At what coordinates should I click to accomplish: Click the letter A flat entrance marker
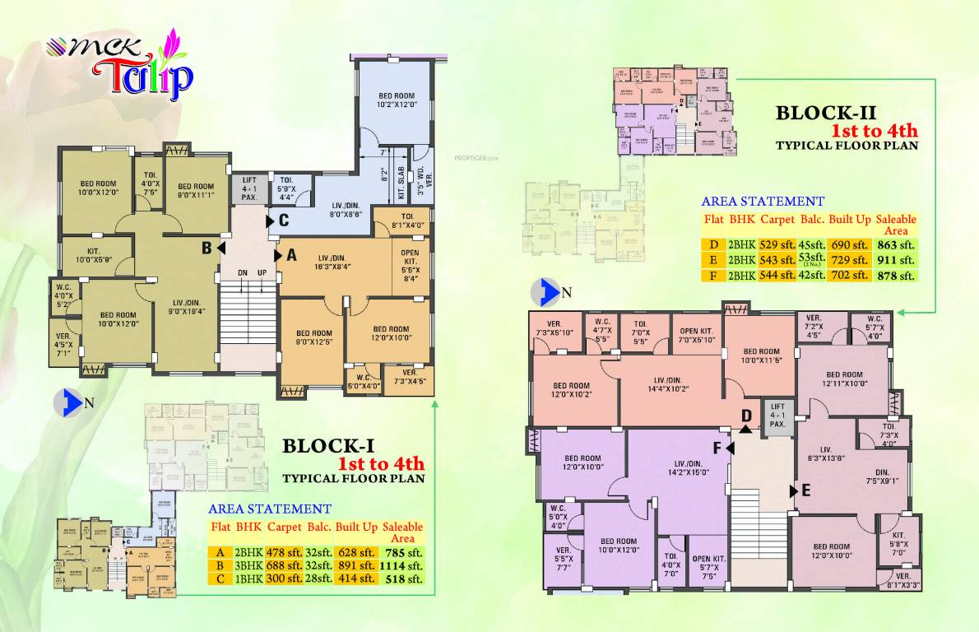(290, 256)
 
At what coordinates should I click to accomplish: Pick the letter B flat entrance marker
(208, 247)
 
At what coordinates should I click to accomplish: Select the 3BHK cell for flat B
(248, 565)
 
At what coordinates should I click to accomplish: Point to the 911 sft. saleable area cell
(896, 260)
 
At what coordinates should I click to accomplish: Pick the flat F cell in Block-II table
(712, 276)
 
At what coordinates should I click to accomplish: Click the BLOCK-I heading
(328, 446)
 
